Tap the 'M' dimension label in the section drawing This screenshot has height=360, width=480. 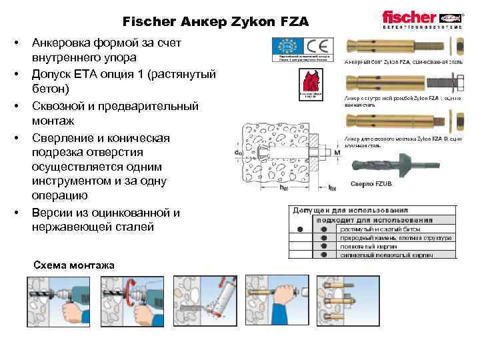[x=337, y=153]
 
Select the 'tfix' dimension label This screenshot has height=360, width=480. [x=333, y=188]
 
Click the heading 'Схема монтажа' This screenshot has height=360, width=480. [x=73, y=265]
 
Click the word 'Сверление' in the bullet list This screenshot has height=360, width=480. [x=64, y=138]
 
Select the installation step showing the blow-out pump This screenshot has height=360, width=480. [x=201, y=299]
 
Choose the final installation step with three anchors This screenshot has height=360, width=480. [x=343, y=299]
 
